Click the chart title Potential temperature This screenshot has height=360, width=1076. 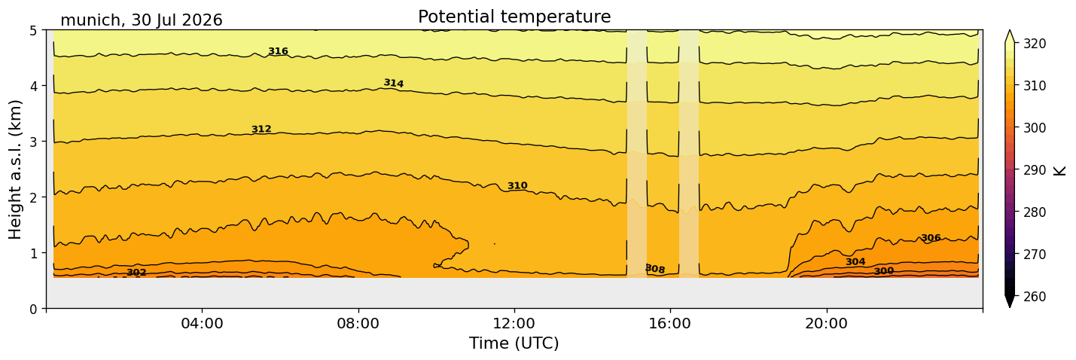pyautogui.click(x=514, y=17)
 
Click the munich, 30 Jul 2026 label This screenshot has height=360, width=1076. pyautogui.click(x=142, y=20)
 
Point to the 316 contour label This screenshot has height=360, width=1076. pyautogui.click(x=278, y=51)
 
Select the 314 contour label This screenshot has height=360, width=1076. pyautogui.click(x=393, y=83)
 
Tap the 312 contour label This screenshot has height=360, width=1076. pyautogui.click(x=261, y=129)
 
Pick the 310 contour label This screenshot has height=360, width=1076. pyautogui.click(x=517, y=185)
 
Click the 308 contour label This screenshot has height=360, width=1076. pyautogui.click(x=655, y=269)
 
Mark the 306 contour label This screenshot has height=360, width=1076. pyautogui.click(x=931, y=238)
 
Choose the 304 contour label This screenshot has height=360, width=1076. pyautogui.click(x=855, y=261)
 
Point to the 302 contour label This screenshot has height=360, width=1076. pyautogui.click(x=136, y=273)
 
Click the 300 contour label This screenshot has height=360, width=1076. pyautogui.click(x=884, y=271)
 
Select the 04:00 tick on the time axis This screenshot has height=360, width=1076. pyautogui.click(x=202, y=323)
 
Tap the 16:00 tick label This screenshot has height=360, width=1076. pyautogui.click(x=670, y=323)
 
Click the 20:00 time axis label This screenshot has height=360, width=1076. pyautogui.click(x=826, y=323)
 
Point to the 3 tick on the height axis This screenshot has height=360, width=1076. pyautogui.click(x=33, y=142)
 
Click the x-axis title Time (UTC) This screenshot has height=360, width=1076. pyautogui.click(x=514, y=343)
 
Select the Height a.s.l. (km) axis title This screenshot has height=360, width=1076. pyautogui.click(x=15, y=169)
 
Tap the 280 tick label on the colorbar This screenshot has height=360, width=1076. pyautogui.click(x=1034, y=212)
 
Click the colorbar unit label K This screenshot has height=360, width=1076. pyautogui.click(x=1059, y=171)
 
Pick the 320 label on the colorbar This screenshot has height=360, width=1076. pyautogui.click(x=1034, y=44)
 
